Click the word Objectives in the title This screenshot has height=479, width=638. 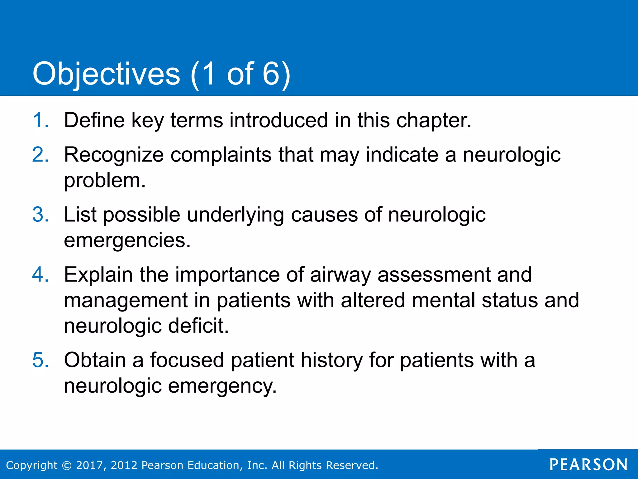click(x=106, y=74)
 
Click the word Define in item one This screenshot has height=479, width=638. click(x=94, y=120)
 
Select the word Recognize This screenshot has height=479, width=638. click(x=114, y=155)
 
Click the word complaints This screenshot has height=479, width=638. click(x=221, y=155)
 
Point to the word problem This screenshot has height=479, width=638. click(x=105, y=181)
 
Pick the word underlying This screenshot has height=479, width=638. click(x=236, y=215)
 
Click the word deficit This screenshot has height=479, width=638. click(x=198, y=326)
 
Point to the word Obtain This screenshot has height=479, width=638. click(x=95, y=360)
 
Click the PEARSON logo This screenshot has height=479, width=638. click(x=588, y=465)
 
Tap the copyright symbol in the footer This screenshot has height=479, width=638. click(x=67, y=465)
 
